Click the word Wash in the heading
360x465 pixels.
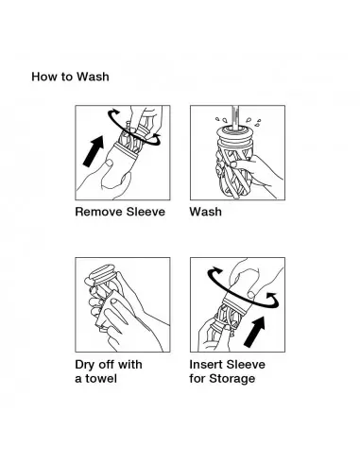point(93,77)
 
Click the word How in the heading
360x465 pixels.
point(43,77)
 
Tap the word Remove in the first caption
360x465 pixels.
point(99,212)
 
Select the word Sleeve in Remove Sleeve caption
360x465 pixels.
point(146,212)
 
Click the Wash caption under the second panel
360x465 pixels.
point(205,212)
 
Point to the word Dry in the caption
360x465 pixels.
point(85,365)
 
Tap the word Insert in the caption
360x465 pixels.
point(206,365)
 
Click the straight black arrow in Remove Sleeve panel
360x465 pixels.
point(94,151)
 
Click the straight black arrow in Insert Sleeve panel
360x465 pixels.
point(254,332)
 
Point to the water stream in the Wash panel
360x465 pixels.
point(235,117)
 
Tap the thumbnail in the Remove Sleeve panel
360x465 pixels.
point(109,164)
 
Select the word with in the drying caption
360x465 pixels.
point(130,365)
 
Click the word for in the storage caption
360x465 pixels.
point(197,378)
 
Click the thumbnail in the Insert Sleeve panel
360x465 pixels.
point(251,295)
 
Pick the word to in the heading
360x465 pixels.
point(66,77)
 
